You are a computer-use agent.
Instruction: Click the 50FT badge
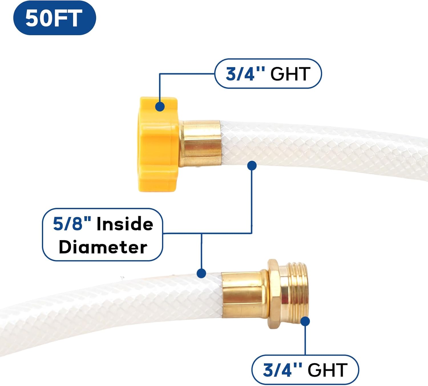click(x=54, y=18)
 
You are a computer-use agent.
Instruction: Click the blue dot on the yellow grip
click(x=160, y=106)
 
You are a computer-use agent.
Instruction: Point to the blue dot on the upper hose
click(x=252, y=165)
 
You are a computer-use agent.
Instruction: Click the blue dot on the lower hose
click(x=201, y=273)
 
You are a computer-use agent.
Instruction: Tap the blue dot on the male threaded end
click(x=305, y=321)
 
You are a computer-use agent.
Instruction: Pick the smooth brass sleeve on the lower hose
click(x=244, y=295)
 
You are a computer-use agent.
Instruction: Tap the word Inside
click(x=125, y=224)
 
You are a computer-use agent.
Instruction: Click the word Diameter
click(x=103, y=247)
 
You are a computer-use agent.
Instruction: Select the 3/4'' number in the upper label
click(x=245, y=74)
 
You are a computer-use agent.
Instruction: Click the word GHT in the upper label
click(x=290, y=74)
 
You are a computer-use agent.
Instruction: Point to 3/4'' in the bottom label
click(x=282, y=370)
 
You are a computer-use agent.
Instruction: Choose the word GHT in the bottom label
click(x=327, y=370)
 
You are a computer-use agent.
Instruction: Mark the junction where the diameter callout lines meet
click(x=201, y=234)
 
